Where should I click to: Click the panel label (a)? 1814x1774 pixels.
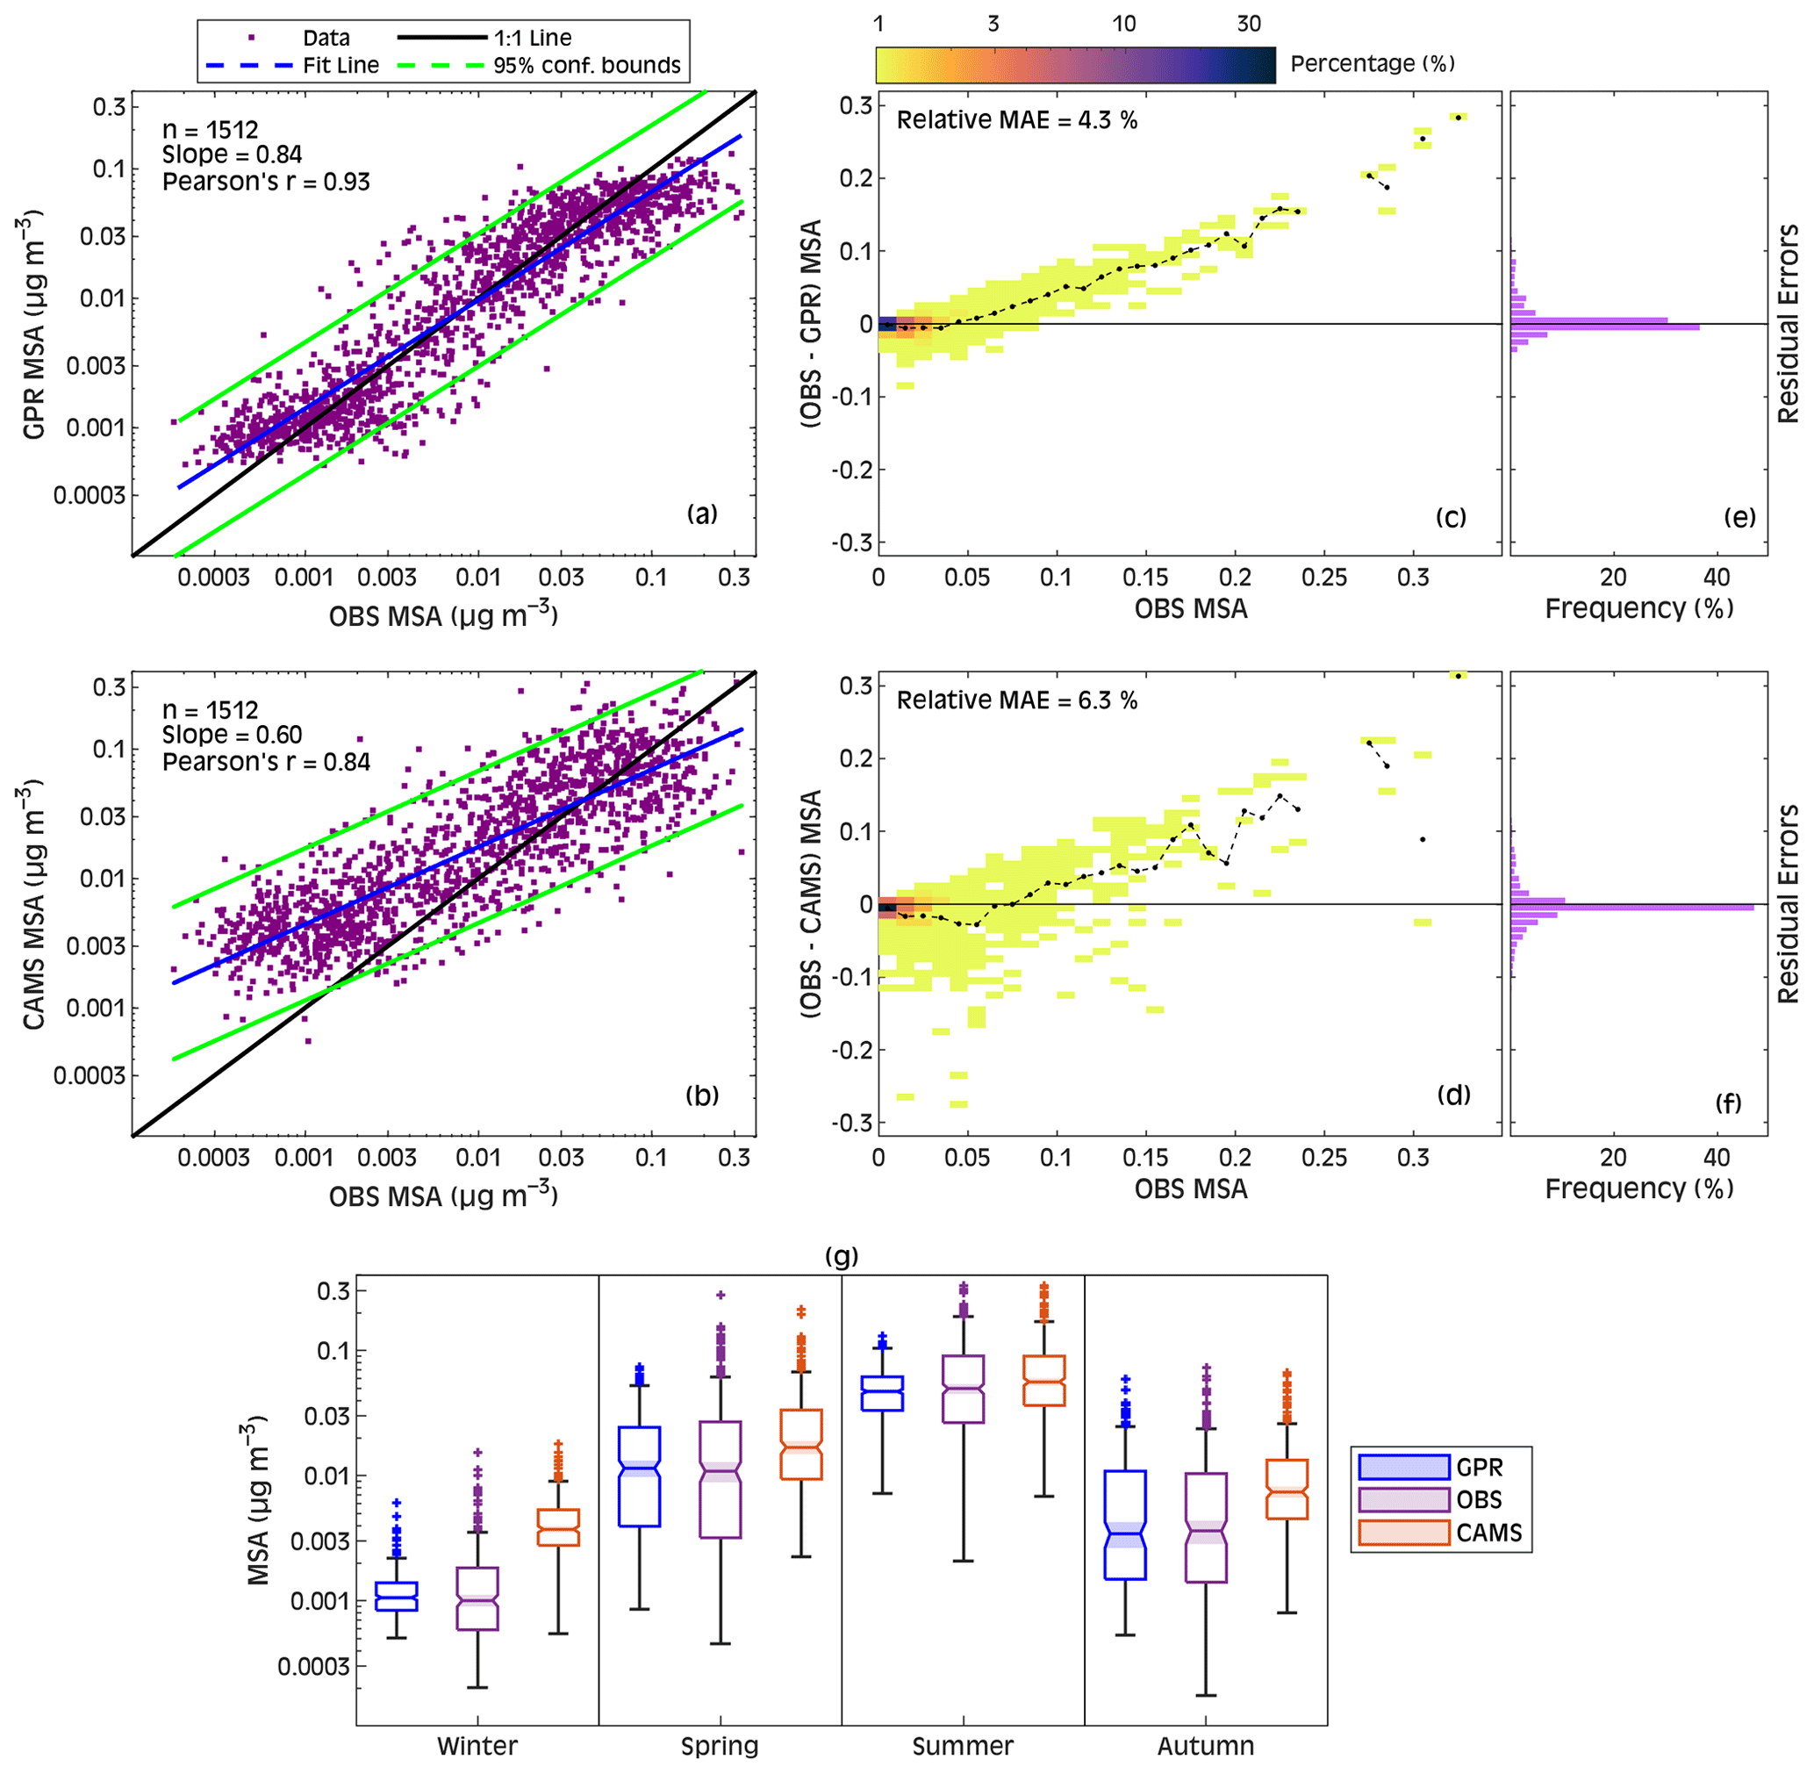[x=701, y=514]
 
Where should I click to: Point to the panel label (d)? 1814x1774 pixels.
[x=1453, y=1094]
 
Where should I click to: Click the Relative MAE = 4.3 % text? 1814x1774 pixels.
[x=1016, y=120]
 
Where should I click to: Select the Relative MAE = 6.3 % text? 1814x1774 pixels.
[x=1016, y=700]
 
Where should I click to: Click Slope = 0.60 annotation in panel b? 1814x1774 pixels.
[x=232, y=735]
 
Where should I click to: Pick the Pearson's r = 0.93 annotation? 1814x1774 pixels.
[x=266, y=182]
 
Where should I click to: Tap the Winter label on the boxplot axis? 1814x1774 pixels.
[x=477, y=1746]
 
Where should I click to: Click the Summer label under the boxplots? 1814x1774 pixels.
[x=963, y=1746]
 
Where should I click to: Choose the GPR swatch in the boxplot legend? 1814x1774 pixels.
[x=1403, y=1468]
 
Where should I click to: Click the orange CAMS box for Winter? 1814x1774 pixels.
[x=558, y=1528]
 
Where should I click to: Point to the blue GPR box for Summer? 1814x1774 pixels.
[x=881, y=1394]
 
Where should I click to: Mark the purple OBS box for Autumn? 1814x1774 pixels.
[x=1206, y=1528]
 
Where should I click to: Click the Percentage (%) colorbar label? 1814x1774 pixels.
[x=1372, y=63]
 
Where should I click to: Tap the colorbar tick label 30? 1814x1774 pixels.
[x=1249, y=25]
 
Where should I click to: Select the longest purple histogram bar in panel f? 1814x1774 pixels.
[x=1631, y=908]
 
